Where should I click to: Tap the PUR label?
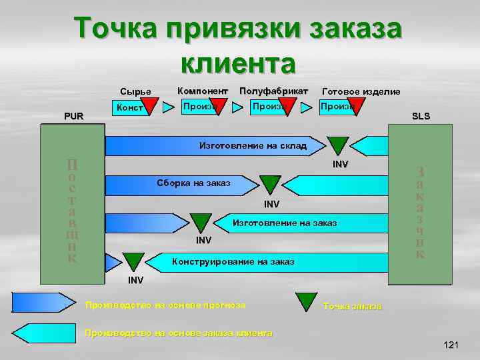click(x=73, y=116)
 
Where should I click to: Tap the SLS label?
click(x=421, y=116)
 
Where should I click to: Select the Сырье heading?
click(x=135, y=91)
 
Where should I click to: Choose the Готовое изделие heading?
click(x=361, y=91)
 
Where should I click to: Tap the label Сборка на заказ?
click(x=194, y=183)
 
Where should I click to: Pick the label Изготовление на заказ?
click(x=284, y=222)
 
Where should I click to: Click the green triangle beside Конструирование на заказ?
click(x=134, y=261)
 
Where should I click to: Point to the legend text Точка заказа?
click(x=352, y=306)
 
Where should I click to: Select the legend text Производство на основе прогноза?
click(x=165, y=305)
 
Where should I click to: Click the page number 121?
click(x=451, y=344)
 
